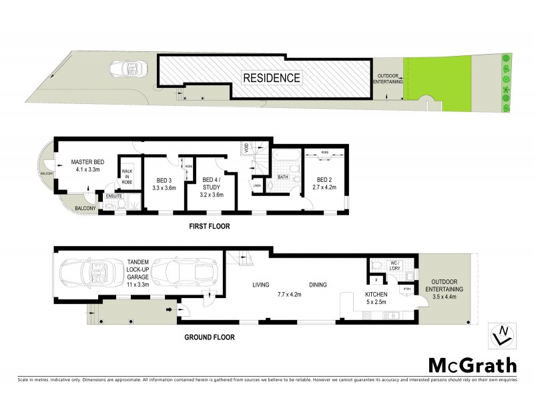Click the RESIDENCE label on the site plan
(271, 78)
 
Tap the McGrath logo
(471, 365)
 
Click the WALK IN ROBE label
(126, 176)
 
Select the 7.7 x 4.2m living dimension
(290, 293)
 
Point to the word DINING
(318, 285)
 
